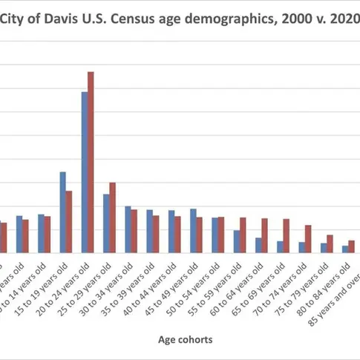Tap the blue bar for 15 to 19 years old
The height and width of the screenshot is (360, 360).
62,212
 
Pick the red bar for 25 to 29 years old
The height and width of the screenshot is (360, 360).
113,217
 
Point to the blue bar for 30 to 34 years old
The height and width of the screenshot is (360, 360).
128,229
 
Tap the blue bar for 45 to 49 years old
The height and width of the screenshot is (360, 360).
193,231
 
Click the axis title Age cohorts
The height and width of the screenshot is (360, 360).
186,340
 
